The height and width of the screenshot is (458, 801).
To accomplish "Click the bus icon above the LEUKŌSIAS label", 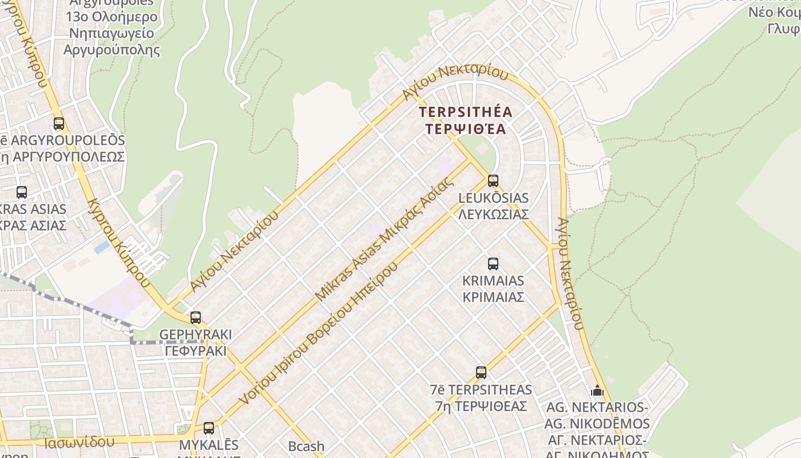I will tap(493, 181).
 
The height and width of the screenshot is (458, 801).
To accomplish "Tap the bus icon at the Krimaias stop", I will tap(493, 264).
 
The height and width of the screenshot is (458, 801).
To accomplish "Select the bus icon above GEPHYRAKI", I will tap(196, 317).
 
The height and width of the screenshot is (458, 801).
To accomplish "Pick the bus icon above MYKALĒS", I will tap(209, 428).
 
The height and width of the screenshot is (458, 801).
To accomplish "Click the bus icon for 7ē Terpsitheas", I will tap(481, 373).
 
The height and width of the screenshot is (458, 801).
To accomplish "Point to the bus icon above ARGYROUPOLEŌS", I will tap(59, 123).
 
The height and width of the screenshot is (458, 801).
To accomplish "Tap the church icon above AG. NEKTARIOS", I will tap(597, 391).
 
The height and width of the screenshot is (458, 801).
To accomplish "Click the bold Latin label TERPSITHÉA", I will tap(466, 112).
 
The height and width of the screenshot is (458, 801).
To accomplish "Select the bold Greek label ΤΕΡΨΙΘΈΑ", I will tap(466, 129).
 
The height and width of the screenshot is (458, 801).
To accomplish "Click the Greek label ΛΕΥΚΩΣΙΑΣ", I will tap(493, 215).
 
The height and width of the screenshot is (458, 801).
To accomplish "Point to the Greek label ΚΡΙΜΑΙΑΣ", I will tap(493, 298).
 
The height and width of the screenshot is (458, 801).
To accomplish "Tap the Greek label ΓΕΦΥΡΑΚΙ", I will tap(196, 351).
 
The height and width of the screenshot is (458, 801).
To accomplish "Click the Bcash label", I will tap(306, 446).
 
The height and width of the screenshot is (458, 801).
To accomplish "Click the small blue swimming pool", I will tap(102, 247).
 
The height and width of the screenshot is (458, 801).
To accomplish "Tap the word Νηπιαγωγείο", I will tap(112, 33).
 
